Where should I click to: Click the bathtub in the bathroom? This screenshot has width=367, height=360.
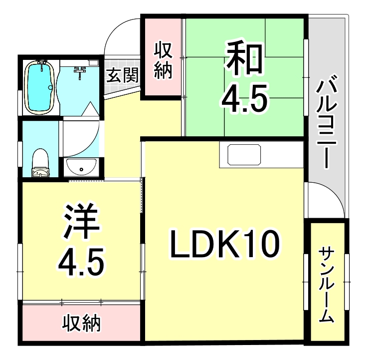(x=39, y=87)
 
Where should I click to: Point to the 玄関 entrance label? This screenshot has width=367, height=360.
(x=122, y=75)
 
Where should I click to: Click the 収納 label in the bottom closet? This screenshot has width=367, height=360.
(x=81, y=323)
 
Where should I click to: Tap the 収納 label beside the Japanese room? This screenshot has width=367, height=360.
(x=163, y=60)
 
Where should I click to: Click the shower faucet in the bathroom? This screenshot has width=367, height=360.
(x=80, y=72)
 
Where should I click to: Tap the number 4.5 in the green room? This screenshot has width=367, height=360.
(x=245, y=99)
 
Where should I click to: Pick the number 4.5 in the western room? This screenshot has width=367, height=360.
(x=81, y=260)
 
